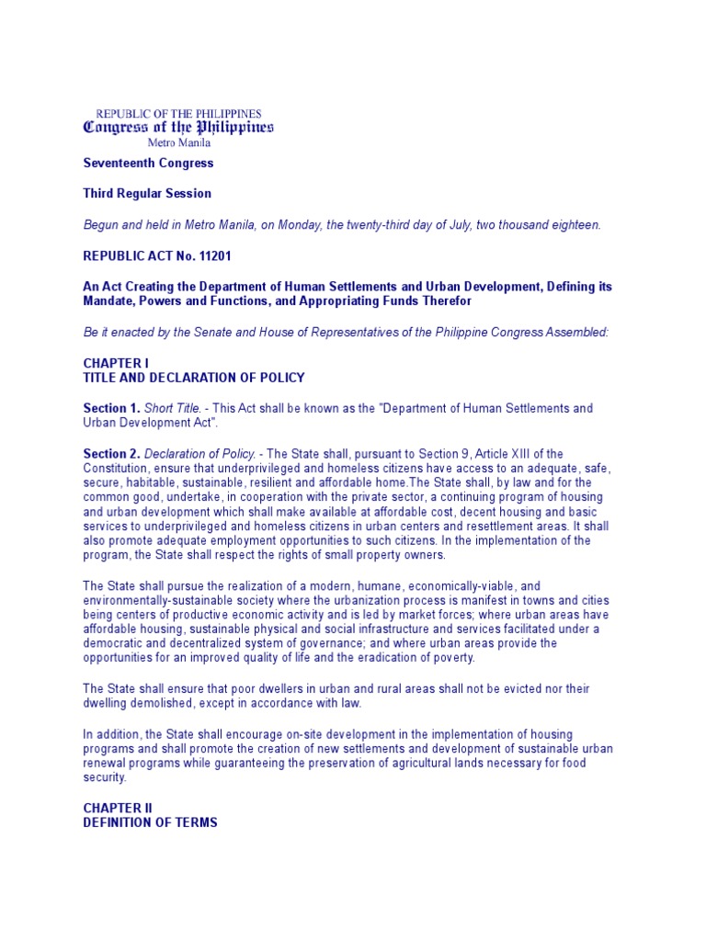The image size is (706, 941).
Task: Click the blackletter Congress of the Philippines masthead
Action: (x=178, y=127)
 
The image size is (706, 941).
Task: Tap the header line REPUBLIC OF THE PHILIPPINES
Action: (x=178, y=113)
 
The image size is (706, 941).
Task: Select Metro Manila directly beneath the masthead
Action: (x=179, y=142)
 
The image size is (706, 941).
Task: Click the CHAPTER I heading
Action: (x=116, y=364)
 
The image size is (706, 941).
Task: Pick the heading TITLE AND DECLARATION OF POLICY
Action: (x=194, y=378)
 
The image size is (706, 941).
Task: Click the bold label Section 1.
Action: (x=110, y=408)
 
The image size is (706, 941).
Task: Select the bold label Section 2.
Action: (x=110, y=454)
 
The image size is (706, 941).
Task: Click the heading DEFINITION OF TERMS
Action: (x=151, y=822)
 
